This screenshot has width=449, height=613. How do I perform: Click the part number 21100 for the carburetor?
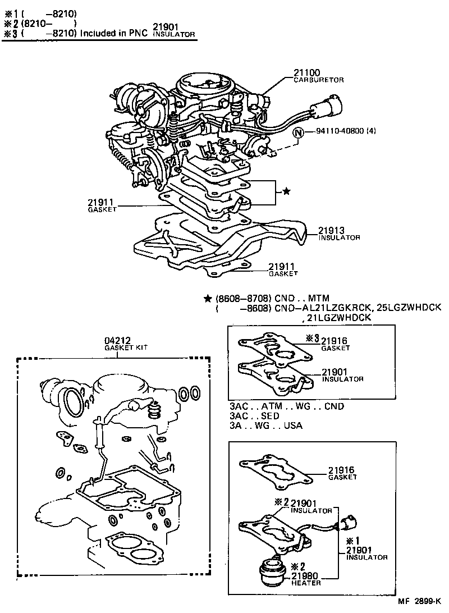click(306, 72)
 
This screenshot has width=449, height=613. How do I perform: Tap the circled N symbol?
click(299, 133)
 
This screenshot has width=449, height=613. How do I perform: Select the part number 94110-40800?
click(335, 133)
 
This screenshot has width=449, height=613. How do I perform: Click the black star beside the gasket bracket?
click(286, 191)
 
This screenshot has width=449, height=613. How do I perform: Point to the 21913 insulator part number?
click(332, 230)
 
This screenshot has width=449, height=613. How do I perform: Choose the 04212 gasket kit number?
click(117, 340)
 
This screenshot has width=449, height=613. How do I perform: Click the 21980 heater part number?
click(306, 575)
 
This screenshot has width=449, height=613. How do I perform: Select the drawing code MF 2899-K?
click(420, 601)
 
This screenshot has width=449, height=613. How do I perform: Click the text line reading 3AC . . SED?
click(254, 416)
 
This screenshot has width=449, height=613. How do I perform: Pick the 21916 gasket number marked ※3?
click(335, 341)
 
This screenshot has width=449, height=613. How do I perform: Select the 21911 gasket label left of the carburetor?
click(101, 202)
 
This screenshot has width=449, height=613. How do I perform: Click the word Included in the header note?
click(99, 33)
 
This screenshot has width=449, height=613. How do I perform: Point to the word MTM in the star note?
click(318, 298)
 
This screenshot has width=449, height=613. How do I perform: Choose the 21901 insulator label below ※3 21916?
click(335, 372)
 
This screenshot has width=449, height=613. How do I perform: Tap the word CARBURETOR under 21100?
click(319, 80)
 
